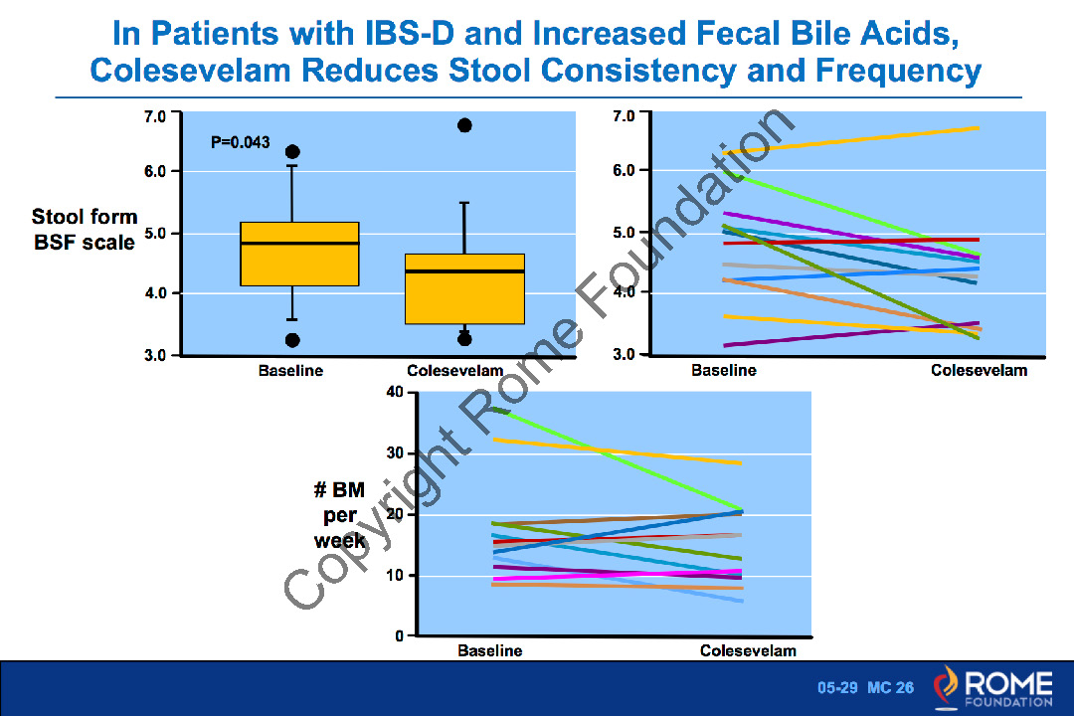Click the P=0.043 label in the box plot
241,143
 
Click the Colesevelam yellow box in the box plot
463,288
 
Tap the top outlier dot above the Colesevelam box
464,125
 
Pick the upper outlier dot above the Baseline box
292,152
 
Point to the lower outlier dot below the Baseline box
292,340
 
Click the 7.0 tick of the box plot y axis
156,116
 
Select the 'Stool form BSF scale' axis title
85,229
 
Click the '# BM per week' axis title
340,515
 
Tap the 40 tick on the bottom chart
395,392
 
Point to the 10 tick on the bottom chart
395,575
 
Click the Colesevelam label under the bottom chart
748,651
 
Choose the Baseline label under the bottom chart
490,651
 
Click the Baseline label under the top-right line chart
724,370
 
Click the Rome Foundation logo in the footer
992,689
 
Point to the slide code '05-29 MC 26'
865,688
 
